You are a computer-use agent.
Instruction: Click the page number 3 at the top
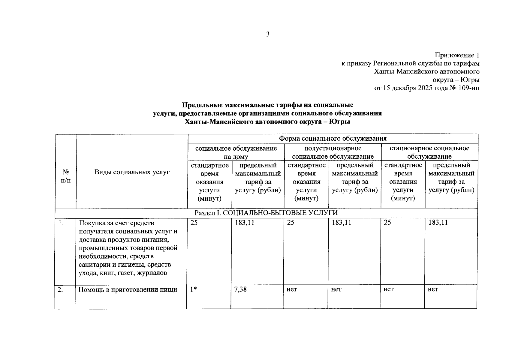point(268,34)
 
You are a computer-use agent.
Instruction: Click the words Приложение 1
point(457,55)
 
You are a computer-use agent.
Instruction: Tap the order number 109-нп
point(468,88)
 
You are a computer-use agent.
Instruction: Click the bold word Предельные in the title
point(202,105)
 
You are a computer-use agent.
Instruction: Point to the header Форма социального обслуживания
point(333,139)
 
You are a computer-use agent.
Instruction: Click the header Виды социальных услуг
point(132,172)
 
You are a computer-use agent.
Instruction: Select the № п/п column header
point(66,176)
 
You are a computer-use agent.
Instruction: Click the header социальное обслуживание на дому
point(236,152)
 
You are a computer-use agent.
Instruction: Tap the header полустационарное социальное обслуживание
point(333,152)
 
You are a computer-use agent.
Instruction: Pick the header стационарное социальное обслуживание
point(429,152)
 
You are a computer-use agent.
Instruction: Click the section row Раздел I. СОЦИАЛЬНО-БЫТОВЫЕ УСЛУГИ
point(266,213)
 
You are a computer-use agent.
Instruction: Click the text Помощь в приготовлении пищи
point(128,290)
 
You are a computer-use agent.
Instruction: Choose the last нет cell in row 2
point(433,289)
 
